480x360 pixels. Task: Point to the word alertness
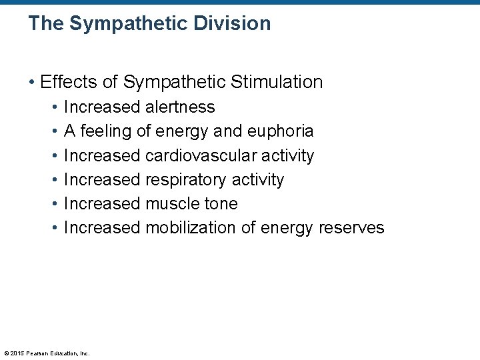coord(180,107)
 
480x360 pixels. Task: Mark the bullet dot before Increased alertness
coord(53,107)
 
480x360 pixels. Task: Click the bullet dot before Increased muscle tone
coord(53,204)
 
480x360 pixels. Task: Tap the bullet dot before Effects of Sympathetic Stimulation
coord(31,82)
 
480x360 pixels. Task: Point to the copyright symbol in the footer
coord(6,353)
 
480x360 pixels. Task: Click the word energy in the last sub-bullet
coord(287,228)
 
